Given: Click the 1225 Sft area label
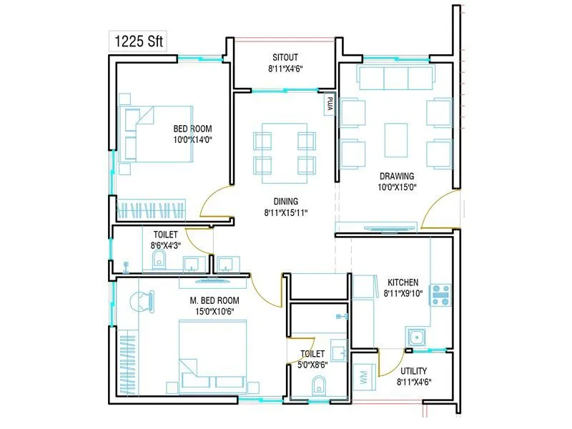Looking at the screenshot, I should tap(137, 41).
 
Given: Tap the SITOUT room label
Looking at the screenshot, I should tap(285, 56).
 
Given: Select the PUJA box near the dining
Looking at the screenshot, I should tap(330, 103).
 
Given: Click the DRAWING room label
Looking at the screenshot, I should tap(397, 176).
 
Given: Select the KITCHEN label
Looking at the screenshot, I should tap(403, 282).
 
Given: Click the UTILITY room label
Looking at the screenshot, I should tap(414, 370).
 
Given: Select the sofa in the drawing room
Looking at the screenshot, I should tap(395, 77).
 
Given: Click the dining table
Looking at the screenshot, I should tap(285, 149).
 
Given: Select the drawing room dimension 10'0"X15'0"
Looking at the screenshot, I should tap(397, 187).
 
